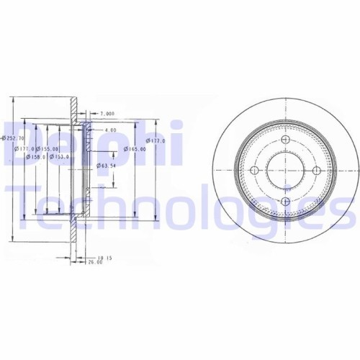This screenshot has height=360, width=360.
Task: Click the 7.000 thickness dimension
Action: point(107,114)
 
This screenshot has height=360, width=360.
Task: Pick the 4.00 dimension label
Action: point(109,130)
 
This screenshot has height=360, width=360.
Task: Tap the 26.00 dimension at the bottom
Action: point(94,262)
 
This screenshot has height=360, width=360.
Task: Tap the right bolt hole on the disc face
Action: point(315,171)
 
